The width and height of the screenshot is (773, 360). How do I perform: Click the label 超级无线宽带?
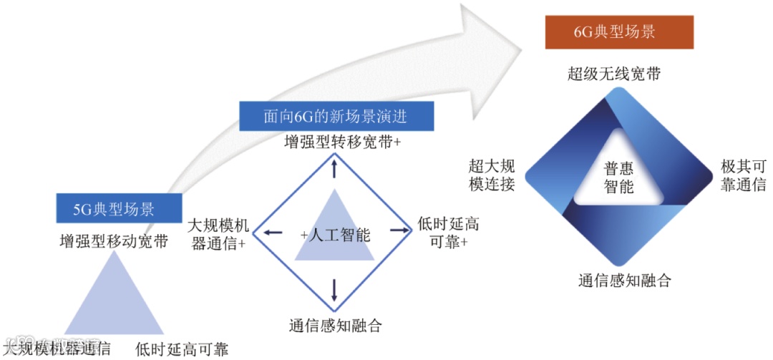[614, 74]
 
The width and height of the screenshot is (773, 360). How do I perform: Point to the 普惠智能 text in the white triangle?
[618, 177]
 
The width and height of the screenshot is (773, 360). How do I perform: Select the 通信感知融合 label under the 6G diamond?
[624, 280]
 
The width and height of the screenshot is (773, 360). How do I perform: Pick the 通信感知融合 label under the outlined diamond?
[335, 325]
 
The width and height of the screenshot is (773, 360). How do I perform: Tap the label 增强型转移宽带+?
[342, 142]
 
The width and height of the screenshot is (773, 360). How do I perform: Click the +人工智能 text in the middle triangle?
[335, 234]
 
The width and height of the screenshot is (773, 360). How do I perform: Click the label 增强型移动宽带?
[114, 241]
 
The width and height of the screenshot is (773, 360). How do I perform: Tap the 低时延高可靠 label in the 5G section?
[182, 349]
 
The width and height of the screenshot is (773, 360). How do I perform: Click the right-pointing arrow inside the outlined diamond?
[397, 231]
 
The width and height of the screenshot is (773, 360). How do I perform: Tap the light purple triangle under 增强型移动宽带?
[114, 301]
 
